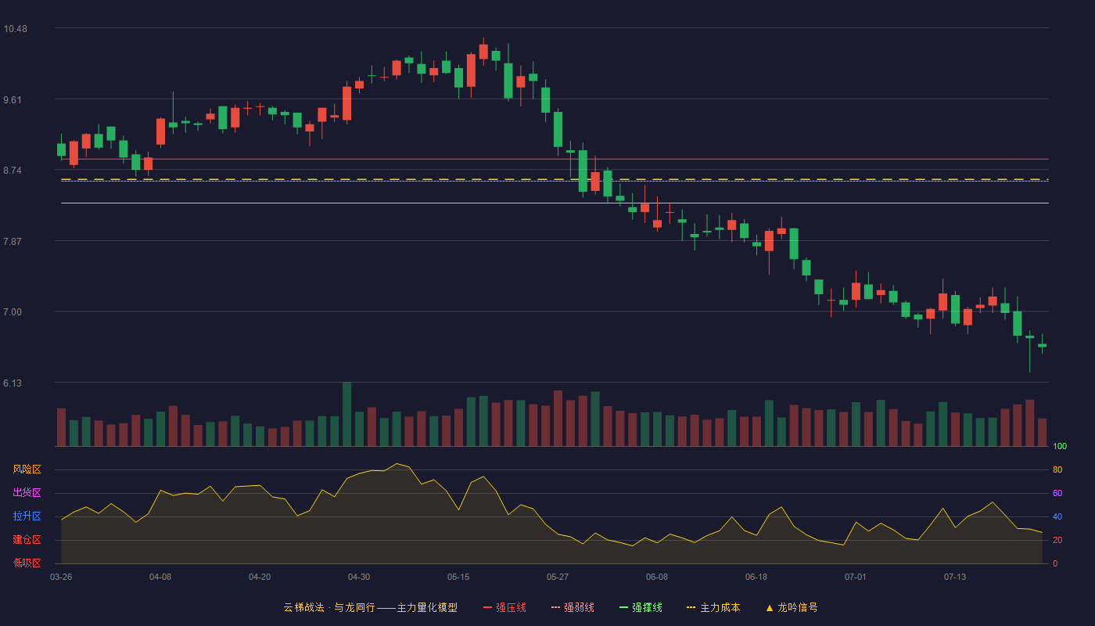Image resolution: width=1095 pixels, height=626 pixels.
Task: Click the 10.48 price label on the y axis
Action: coord(15,29)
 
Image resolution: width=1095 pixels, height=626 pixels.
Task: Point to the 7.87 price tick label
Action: coord(13,242)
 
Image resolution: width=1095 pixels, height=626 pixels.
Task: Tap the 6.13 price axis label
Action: coord(13,383)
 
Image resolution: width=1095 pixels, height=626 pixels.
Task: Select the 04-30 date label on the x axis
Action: coord(359,577)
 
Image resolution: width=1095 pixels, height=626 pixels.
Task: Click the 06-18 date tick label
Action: coord(756,577)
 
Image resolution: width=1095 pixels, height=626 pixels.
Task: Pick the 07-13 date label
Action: coord(955,577)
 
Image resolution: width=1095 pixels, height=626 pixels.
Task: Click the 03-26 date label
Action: coord(61,577)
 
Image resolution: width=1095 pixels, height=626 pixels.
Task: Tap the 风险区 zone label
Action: coord(27,469)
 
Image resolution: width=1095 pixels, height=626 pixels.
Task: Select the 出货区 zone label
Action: coord(27,492)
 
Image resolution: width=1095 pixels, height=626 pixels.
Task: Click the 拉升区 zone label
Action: coord(27,516)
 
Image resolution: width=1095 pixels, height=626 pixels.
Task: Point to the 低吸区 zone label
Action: coord(27,563)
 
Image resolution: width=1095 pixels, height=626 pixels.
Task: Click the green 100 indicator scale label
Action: coord(1060,446)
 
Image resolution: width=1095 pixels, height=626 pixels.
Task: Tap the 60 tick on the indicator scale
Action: coord(1057,493)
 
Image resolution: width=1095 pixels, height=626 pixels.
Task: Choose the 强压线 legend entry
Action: coord(504,607)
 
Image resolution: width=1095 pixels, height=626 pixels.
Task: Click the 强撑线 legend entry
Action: coord(641,607)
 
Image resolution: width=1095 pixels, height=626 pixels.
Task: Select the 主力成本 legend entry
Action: coord(713,607)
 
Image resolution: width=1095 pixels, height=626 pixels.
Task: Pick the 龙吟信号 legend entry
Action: coord(792,607)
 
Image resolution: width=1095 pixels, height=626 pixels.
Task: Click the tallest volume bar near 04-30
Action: coord(347,414)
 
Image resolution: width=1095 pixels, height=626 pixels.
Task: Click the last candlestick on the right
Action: coord(1042,345)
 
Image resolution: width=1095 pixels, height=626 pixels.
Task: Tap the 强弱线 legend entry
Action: coord(573,607)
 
